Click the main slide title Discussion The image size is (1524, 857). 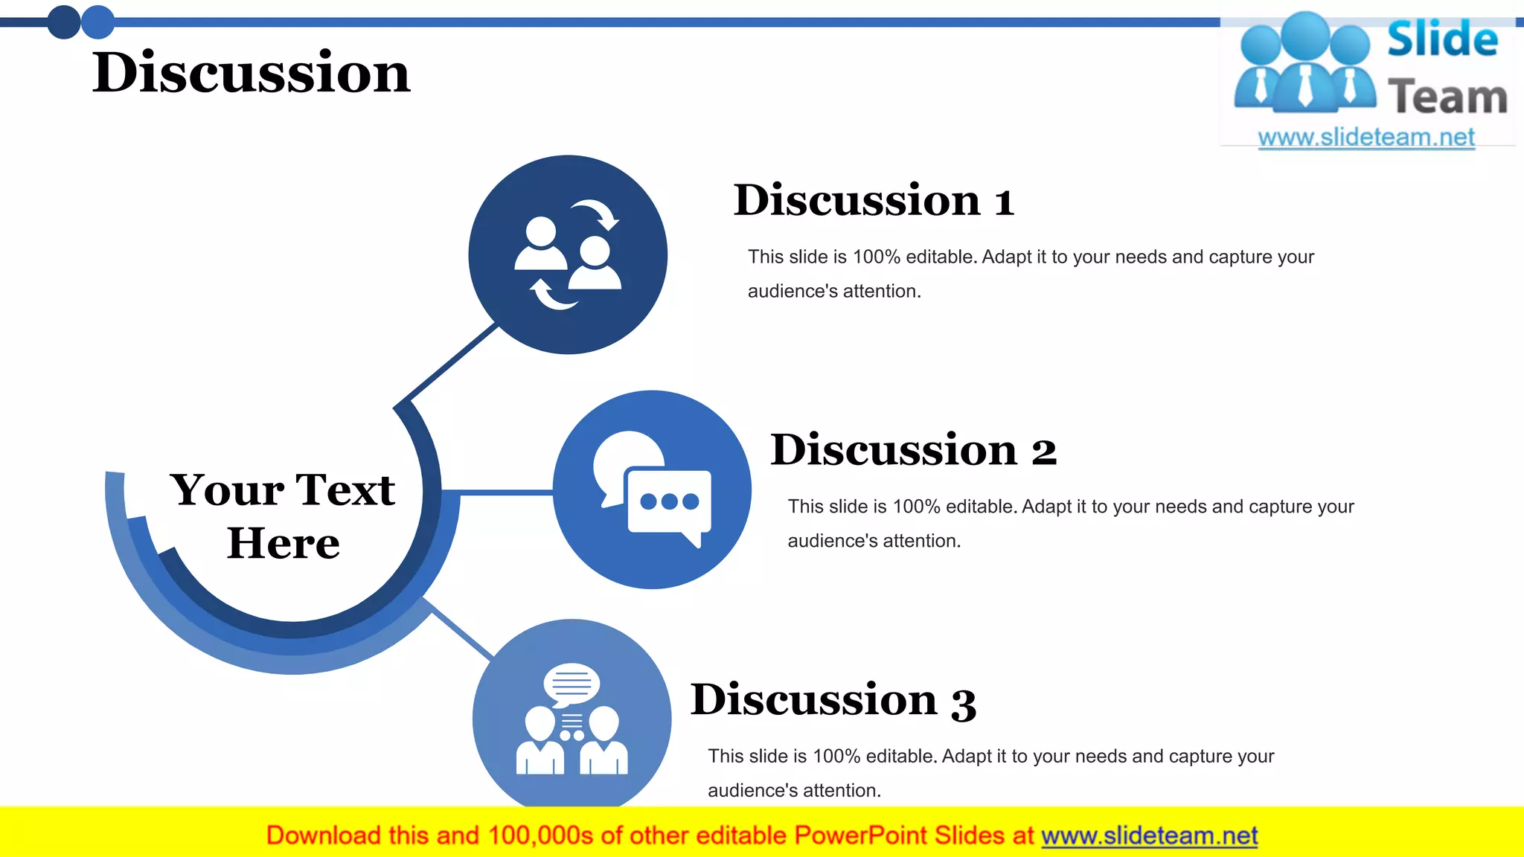(x=252, y=73)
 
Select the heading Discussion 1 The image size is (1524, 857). (x=874, y=200)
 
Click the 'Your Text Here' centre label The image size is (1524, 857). (x=283, y=516)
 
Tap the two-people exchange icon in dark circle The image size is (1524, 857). (x=568, y=255)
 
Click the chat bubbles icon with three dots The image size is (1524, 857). (x=652, y=490)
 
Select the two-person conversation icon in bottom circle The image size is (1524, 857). (x=571, y=719)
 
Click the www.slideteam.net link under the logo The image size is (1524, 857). (x=1366, y=137)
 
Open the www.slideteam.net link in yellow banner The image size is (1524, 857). (x=1149, y=835)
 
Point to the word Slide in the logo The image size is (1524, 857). (x=1442, y=39)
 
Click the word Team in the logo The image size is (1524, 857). (x=1447, y=97)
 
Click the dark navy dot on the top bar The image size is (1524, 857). (x=64, y=22)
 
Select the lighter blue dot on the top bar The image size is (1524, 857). (x=97, y=22)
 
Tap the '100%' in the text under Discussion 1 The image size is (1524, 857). (x=876, y=257)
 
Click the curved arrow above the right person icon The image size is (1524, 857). (x=598, y=213)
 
